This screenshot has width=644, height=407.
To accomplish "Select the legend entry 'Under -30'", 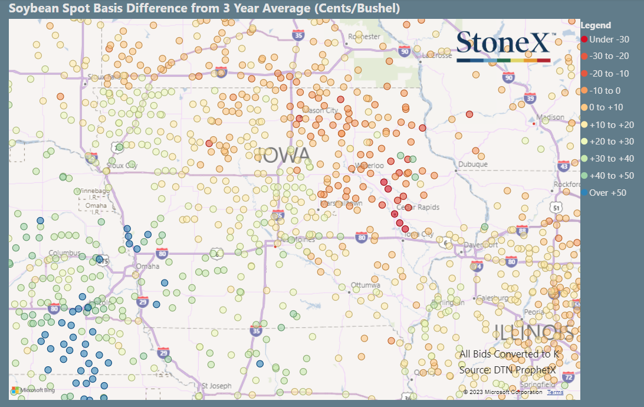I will click(609, 40).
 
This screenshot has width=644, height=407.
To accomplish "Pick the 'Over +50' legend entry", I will click(607, 193).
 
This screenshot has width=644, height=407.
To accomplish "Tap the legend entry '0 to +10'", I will click(606, 107).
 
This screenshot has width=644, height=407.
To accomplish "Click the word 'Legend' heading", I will click(596, 25).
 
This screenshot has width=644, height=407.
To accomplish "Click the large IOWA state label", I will click(282, 156).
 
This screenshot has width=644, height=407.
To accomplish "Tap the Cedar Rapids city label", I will click(413, 208).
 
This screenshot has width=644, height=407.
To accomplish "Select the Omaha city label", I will click(147, 266).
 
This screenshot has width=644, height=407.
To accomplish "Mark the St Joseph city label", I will click(216, 386).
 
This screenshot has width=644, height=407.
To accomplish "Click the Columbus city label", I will click(64, 253).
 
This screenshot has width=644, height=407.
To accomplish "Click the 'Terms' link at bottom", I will click(555, 392).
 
